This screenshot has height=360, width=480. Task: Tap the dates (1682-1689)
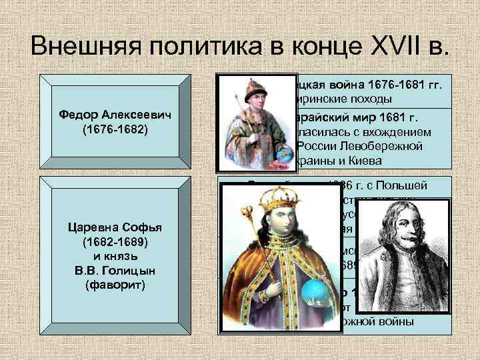coord(111,242)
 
